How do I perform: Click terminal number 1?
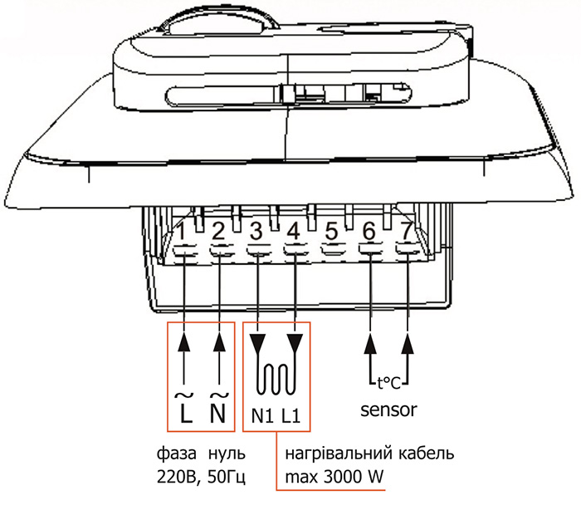[181, 232]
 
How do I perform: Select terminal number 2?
[218, 232]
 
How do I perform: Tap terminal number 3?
[256, 232]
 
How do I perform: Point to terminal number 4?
[294, 232]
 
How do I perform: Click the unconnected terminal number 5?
[332, 232]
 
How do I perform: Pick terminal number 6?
[369, 232]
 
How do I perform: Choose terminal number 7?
[407, 231]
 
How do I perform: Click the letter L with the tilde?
[185, 408]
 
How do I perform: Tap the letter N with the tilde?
[217, 408]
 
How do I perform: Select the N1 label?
[262, 416]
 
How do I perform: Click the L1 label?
[290, 416]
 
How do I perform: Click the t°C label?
[388, 383]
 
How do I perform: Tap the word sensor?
[388, 410]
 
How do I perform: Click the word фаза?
[176, 454]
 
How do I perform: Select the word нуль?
[227, 454]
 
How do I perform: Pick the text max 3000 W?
[334, 477]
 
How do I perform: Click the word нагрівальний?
[339, 454]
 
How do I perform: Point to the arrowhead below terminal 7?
[408, 343]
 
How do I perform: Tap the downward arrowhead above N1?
[257, 344]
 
